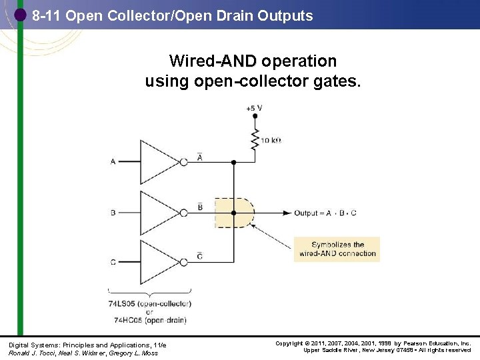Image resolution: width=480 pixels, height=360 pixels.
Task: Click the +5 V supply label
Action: (x=254, y=107)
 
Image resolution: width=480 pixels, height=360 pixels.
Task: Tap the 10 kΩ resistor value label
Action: (x=271, y=141)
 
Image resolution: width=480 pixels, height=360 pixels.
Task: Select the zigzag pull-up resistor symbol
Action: (x=255, y=140)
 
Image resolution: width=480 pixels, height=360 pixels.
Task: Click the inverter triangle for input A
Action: (x=159, y=162)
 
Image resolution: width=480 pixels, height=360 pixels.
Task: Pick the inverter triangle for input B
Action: (x=159, y=213)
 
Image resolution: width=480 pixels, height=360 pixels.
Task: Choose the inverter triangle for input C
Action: (x=159, y=262)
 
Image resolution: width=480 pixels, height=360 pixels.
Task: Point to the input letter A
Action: (x=113, y=162)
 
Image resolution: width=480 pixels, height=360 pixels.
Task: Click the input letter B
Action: (x=113, y=213)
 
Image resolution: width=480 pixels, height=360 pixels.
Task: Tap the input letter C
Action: (x=113, y=263)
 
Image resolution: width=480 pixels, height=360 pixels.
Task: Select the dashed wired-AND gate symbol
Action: (x=235, y=213)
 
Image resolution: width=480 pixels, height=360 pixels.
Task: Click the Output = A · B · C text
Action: (x=325, y=213)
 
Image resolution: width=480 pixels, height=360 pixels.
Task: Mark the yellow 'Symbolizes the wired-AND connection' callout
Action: (x=337, y=249)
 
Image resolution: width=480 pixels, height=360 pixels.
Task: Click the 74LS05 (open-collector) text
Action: (x=149, y=303)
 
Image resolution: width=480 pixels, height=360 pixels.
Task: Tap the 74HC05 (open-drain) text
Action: (x=149, y=319)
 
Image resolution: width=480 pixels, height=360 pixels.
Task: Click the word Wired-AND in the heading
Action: (x=213, y=61)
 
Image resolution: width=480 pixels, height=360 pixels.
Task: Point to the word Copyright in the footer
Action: (x=290, y=344)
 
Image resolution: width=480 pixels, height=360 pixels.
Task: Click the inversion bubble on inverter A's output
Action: (x=183, y=162)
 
